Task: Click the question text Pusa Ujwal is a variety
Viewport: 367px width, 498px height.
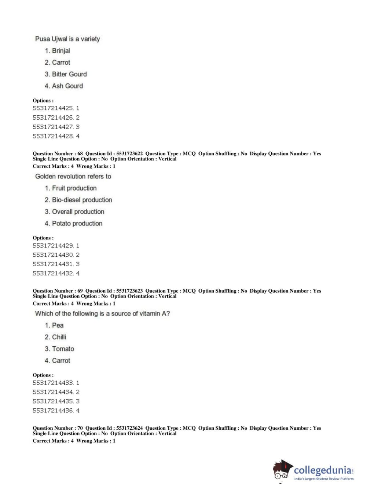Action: tap(67, 39)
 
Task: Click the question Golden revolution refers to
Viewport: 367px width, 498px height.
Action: tap(73, 176)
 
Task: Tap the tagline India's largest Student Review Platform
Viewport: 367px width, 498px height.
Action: tap(324, 479)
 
